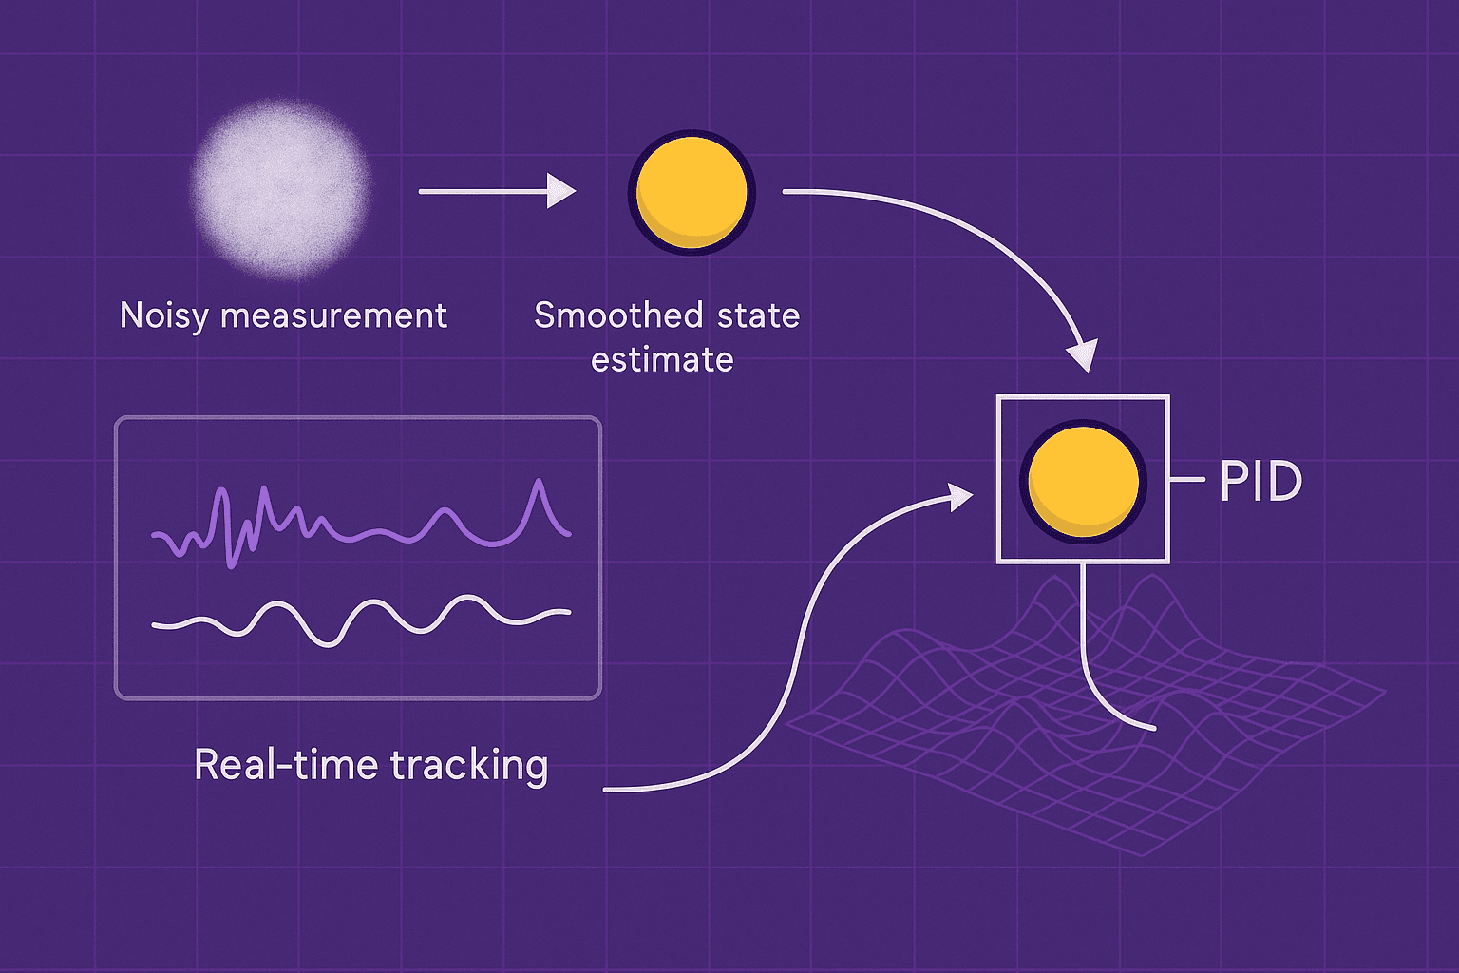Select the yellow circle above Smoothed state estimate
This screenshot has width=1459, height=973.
tap(692, 192)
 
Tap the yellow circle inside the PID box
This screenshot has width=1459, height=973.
tap(1083, 480)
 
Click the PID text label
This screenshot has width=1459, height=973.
tap(1260, 482)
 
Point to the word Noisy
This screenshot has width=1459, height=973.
tap(162, 316)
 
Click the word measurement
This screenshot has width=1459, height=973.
tap(333, 315)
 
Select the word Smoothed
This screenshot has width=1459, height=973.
tap(618, 315)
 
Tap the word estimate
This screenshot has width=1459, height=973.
tap(662, 360)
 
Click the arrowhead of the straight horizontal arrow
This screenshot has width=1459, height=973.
tap(562, 191)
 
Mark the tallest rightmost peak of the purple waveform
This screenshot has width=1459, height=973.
tap(540, 483)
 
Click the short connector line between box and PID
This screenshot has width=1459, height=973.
tap(1186, 480)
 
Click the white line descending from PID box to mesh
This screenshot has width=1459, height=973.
tap(1085, 646)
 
